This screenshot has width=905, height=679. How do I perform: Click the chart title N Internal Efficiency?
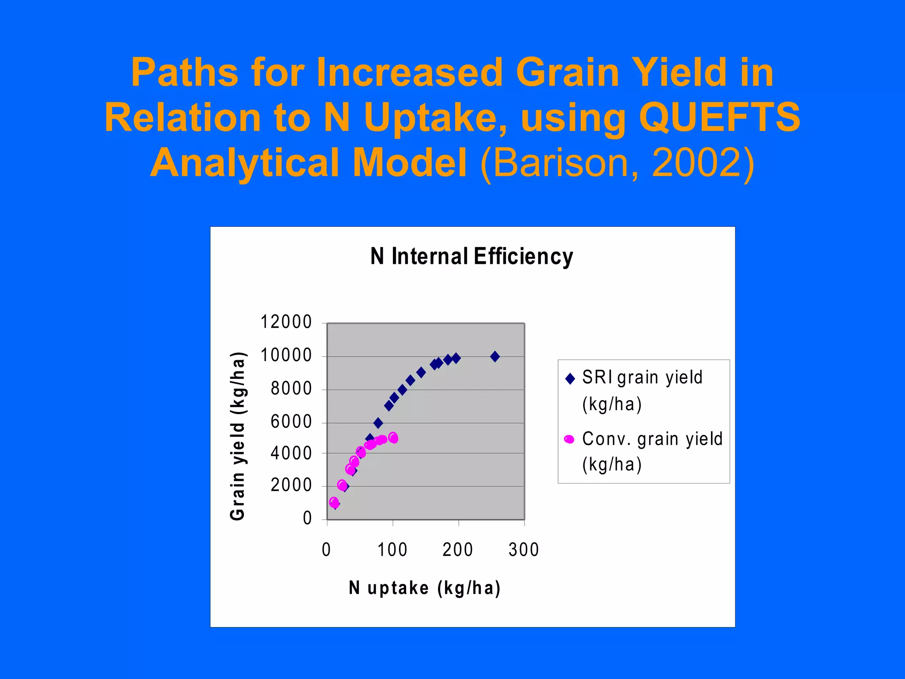click(472, 257)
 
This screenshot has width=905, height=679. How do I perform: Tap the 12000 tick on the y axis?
click(286, 322)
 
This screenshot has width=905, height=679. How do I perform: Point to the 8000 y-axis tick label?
click(291, 389)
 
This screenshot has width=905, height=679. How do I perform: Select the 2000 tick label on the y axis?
click(291, 485)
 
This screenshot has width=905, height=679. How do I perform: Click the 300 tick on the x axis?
click(524, 550)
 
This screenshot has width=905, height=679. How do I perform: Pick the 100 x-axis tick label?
click(392, 550)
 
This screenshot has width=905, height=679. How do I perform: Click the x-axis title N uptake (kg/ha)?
click(425, 588)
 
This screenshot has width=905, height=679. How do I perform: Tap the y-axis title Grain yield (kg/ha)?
click(238, 436)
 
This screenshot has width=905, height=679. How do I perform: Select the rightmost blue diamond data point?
click(495, 356)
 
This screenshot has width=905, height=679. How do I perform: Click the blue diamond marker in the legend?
click(570, 378)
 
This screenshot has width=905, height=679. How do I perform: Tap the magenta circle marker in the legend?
click(569, 439)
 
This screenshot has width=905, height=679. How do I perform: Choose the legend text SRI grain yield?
click(642, 378)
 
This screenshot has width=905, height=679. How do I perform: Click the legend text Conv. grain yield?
click(652, 439)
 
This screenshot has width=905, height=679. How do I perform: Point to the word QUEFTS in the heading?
click(719, 117)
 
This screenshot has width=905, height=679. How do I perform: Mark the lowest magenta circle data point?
click(334, 502)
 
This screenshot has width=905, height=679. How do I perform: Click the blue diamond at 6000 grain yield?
click(378, 423)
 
